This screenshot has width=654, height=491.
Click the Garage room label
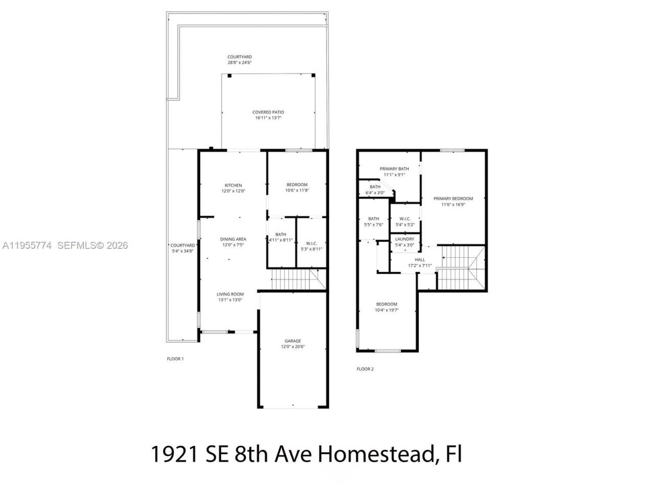click(x=293, y=341)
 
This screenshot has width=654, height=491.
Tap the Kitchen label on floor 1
click(x=233, y=185)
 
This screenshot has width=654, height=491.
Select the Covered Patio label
click(x=268, y=112)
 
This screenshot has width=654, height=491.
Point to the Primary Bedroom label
click(x=453, y=198)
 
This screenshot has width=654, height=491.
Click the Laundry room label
click(x=405, y=239)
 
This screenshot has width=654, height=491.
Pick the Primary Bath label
click(x=394, y=169)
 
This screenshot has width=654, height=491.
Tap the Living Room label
click(x=230, y=294)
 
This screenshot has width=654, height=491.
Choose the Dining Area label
click(x=233, y=239)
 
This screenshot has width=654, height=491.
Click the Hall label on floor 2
click(x=419, y=260)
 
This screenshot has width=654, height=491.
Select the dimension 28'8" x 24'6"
click(x=240, y=62)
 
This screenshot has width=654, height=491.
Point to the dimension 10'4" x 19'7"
click(x=386, y=310)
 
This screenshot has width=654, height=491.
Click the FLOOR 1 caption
click(x=175, y=359)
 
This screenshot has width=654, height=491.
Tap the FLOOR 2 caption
click(x=365, y=369)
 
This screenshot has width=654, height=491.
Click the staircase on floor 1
click(x=296, y=280)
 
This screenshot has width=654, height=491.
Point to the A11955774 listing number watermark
click(x=27, y=245)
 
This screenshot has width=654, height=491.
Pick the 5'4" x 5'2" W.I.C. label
click(x=405, y=221)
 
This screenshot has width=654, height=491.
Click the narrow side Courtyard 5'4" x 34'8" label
click(x=182, y=248)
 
